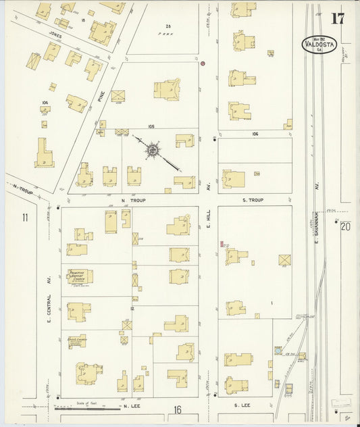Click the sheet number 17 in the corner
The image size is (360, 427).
[x=337, y=18]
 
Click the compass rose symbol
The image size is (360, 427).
[x=153, y=149]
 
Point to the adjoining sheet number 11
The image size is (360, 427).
[x=25, y=217]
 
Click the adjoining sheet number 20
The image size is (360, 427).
[x=346, y=226]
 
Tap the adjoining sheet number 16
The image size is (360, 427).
[x=177, y=409]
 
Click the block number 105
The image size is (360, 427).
[x=151, y=126]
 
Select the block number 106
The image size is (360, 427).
[x=255, y=134]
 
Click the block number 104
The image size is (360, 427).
[x=45, y=103]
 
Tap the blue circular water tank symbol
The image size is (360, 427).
[x=278, y=351]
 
